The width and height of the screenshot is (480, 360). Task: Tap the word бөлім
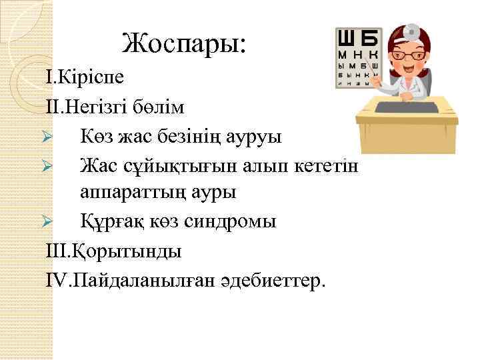click(164, 107)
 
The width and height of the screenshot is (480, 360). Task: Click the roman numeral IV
click(59, 279)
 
